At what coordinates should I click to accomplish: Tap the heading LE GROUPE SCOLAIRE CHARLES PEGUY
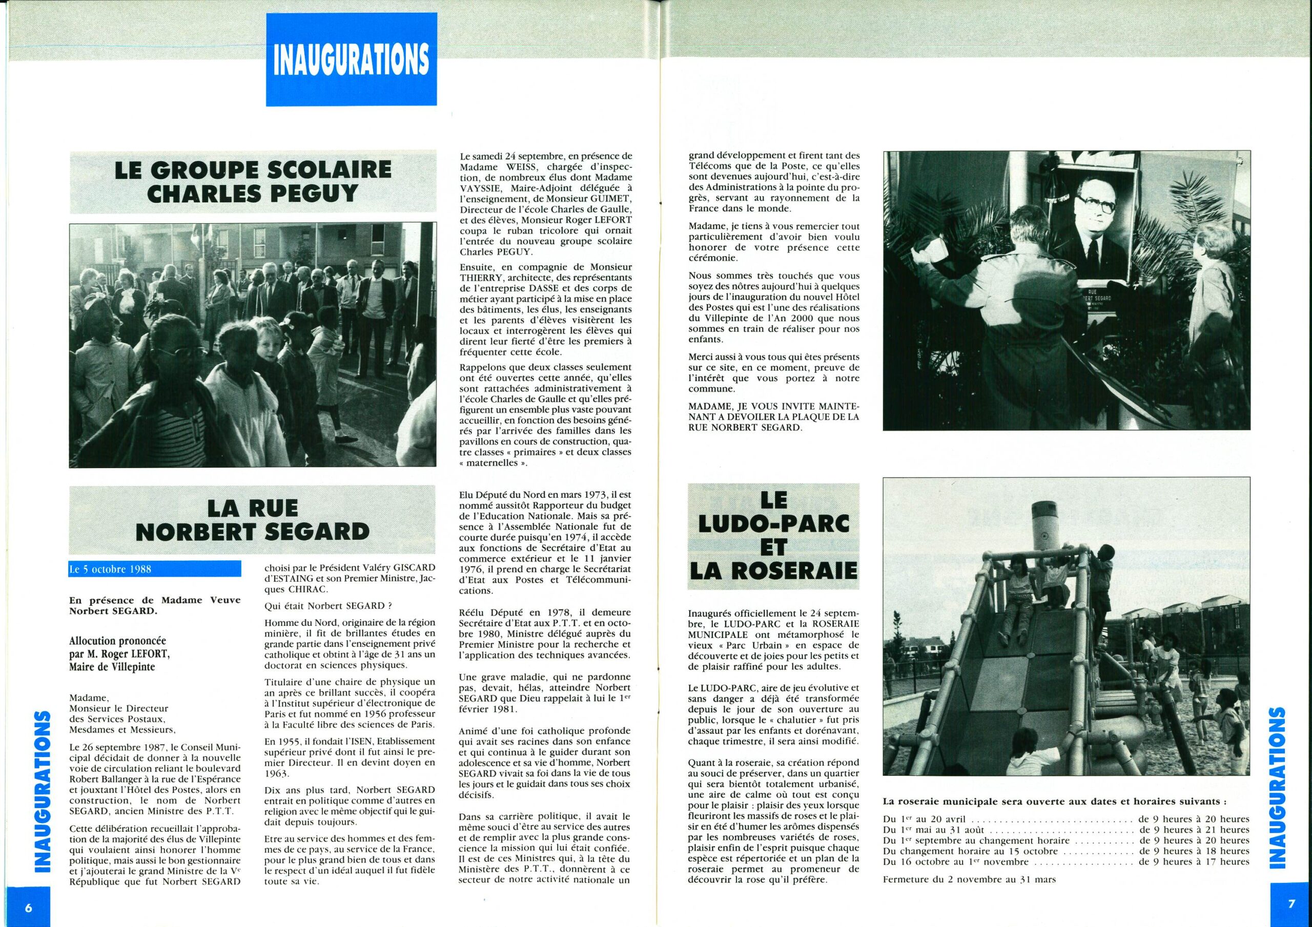click(x=253, y=182)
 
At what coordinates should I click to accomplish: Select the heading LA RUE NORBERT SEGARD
click(x=253, y=520)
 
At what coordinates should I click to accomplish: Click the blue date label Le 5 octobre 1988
click(x=154, y=570)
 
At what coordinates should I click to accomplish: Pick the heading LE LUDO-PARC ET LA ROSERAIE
click(x=774, y=536)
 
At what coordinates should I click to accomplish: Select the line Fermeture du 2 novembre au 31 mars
click(x=969, y=879)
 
